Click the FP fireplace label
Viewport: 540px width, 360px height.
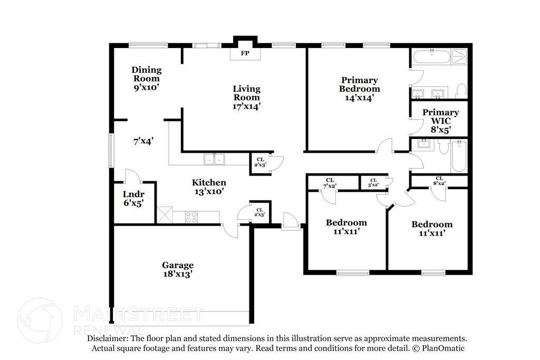tap(245, 53)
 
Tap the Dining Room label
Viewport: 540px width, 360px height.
tap(147, 74)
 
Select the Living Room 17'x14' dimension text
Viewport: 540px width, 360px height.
tap(246, 106)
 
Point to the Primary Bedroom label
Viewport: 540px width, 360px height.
tap(360, 84)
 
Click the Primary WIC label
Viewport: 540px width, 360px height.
tap(441, 116)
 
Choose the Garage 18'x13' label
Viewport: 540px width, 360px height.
tap(178, 269)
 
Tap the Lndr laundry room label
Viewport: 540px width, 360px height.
tap(133, 194)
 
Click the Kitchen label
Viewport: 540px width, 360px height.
tap(209, 182)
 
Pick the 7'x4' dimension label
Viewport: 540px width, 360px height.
tap(143, 141)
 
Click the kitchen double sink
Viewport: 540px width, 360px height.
tap(214, 159)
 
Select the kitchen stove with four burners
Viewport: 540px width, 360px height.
tap(191, 217)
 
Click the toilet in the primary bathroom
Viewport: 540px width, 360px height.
tap(461, 91)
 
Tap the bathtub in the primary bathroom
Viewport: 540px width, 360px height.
tap(431, 57)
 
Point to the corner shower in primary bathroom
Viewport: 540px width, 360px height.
tap(459, 56)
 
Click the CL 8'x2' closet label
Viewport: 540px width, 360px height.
tap(439, 181)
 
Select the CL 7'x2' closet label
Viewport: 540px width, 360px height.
tap(330, 183)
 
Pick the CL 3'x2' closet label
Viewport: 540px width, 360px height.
tap(374, 182)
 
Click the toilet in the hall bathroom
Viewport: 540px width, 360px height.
tap(443, 147)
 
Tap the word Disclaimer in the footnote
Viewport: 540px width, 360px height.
tap(107, 339)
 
